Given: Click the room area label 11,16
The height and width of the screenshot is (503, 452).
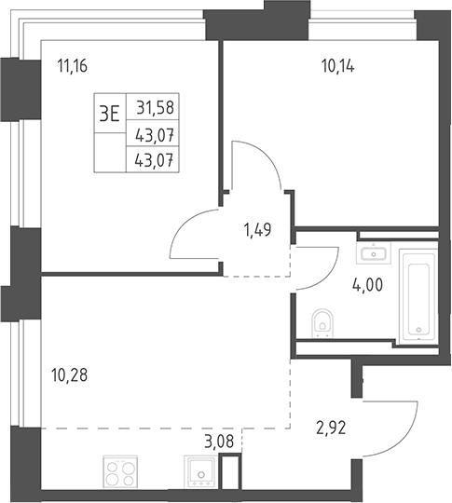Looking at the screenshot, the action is pyautogui.click(x=73, y=67).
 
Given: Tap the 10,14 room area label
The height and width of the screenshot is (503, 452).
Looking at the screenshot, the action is pyautogui.click(x=337, y=67).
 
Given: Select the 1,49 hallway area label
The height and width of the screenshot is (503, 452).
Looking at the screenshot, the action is pyautogui.click(x=258, y=230).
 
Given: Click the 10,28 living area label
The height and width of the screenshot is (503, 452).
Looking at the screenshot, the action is pyautogui.click(x=69, y=375).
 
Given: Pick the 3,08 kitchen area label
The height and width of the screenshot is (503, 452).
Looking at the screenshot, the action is pyautogui.click(x=219, y=442).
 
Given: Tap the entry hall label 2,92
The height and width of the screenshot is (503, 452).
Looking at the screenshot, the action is pyautogui.click(x=331, y=428).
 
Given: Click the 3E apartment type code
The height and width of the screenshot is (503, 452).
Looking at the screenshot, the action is pyautogui.click(x=109, y=114).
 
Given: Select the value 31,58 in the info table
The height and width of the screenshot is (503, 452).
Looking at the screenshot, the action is pyautogui.click(x=156, y=107).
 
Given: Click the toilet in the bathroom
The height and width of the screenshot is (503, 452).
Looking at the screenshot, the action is pyautogui.click(x=322, y=323).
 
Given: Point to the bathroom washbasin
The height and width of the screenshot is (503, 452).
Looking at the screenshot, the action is pyautogui.click(x=374, y=253).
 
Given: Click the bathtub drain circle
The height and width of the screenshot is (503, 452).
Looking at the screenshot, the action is pyautogui.click(x=418, y=330).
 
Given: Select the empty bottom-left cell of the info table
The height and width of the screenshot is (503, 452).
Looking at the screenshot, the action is pyautogui.click(x=110, y=153).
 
